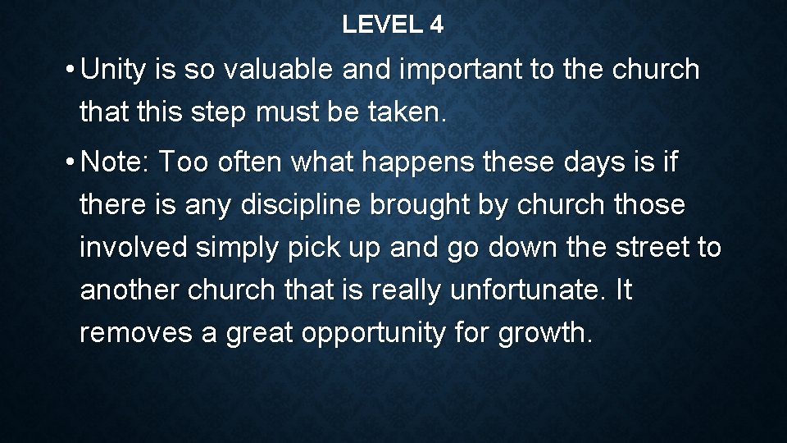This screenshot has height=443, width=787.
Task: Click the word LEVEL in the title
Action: pos(380,25)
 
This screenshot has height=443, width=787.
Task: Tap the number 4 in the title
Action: pos(435,25)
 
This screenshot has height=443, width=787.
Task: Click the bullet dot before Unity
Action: pos(72,71)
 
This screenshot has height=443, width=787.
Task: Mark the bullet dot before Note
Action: pos(72,162)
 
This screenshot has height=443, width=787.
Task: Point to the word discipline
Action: pos(300,205)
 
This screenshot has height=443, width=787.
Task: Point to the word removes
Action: pos(131,333)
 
